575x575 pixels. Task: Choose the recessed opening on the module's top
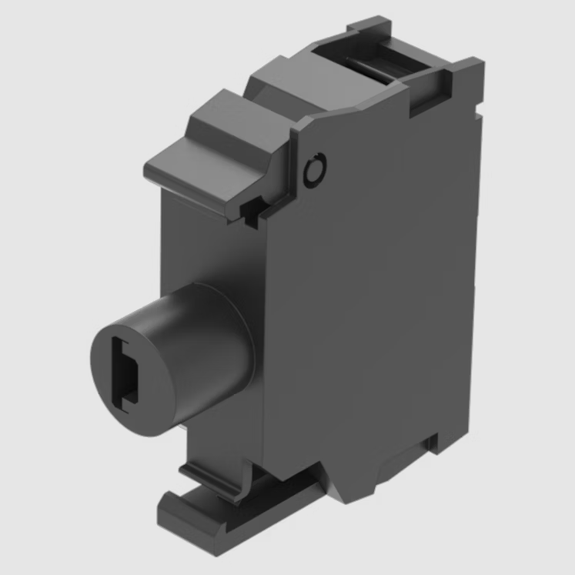click(x=377, y=62)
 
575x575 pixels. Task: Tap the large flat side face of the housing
click(x=369, y=308)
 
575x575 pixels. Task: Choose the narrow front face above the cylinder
click(x=208, y=239)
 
